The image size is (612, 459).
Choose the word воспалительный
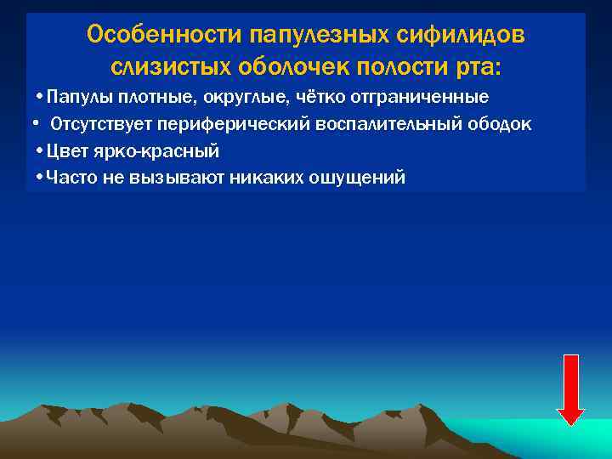tap(387, 124)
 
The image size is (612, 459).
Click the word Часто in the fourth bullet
tap(69, 178)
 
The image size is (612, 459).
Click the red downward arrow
tap(570, 388)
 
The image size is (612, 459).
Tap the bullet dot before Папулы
tap(41, 95)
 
